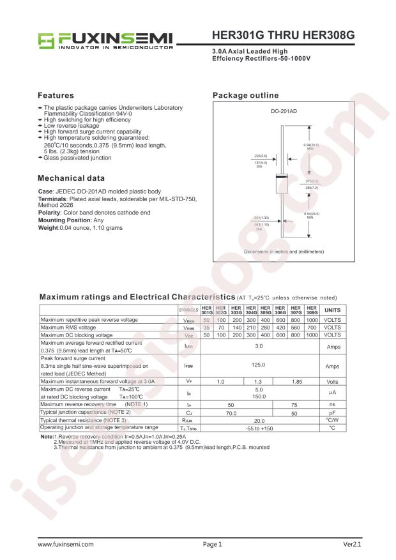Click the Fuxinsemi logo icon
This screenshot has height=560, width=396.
[x=47, y=40]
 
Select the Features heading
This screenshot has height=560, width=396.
[x=60, y=95]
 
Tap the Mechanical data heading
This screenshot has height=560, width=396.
[x=72, y=178]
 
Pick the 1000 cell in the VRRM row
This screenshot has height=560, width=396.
[x=312, y=319]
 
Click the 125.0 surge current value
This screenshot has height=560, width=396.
[x=259, y=367]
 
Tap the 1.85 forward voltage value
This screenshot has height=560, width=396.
[x=296, y=381]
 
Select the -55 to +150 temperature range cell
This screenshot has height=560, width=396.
[x=259, y=428]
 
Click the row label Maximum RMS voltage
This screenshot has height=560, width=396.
[x=68, y=327]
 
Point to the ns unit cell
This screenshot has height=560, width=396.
[x=332, y=404]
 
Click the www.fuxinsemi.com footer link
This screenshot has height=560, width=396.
[x=66, y=545]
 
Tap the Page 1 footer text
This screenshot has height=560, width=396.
[x=211, y=545]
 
